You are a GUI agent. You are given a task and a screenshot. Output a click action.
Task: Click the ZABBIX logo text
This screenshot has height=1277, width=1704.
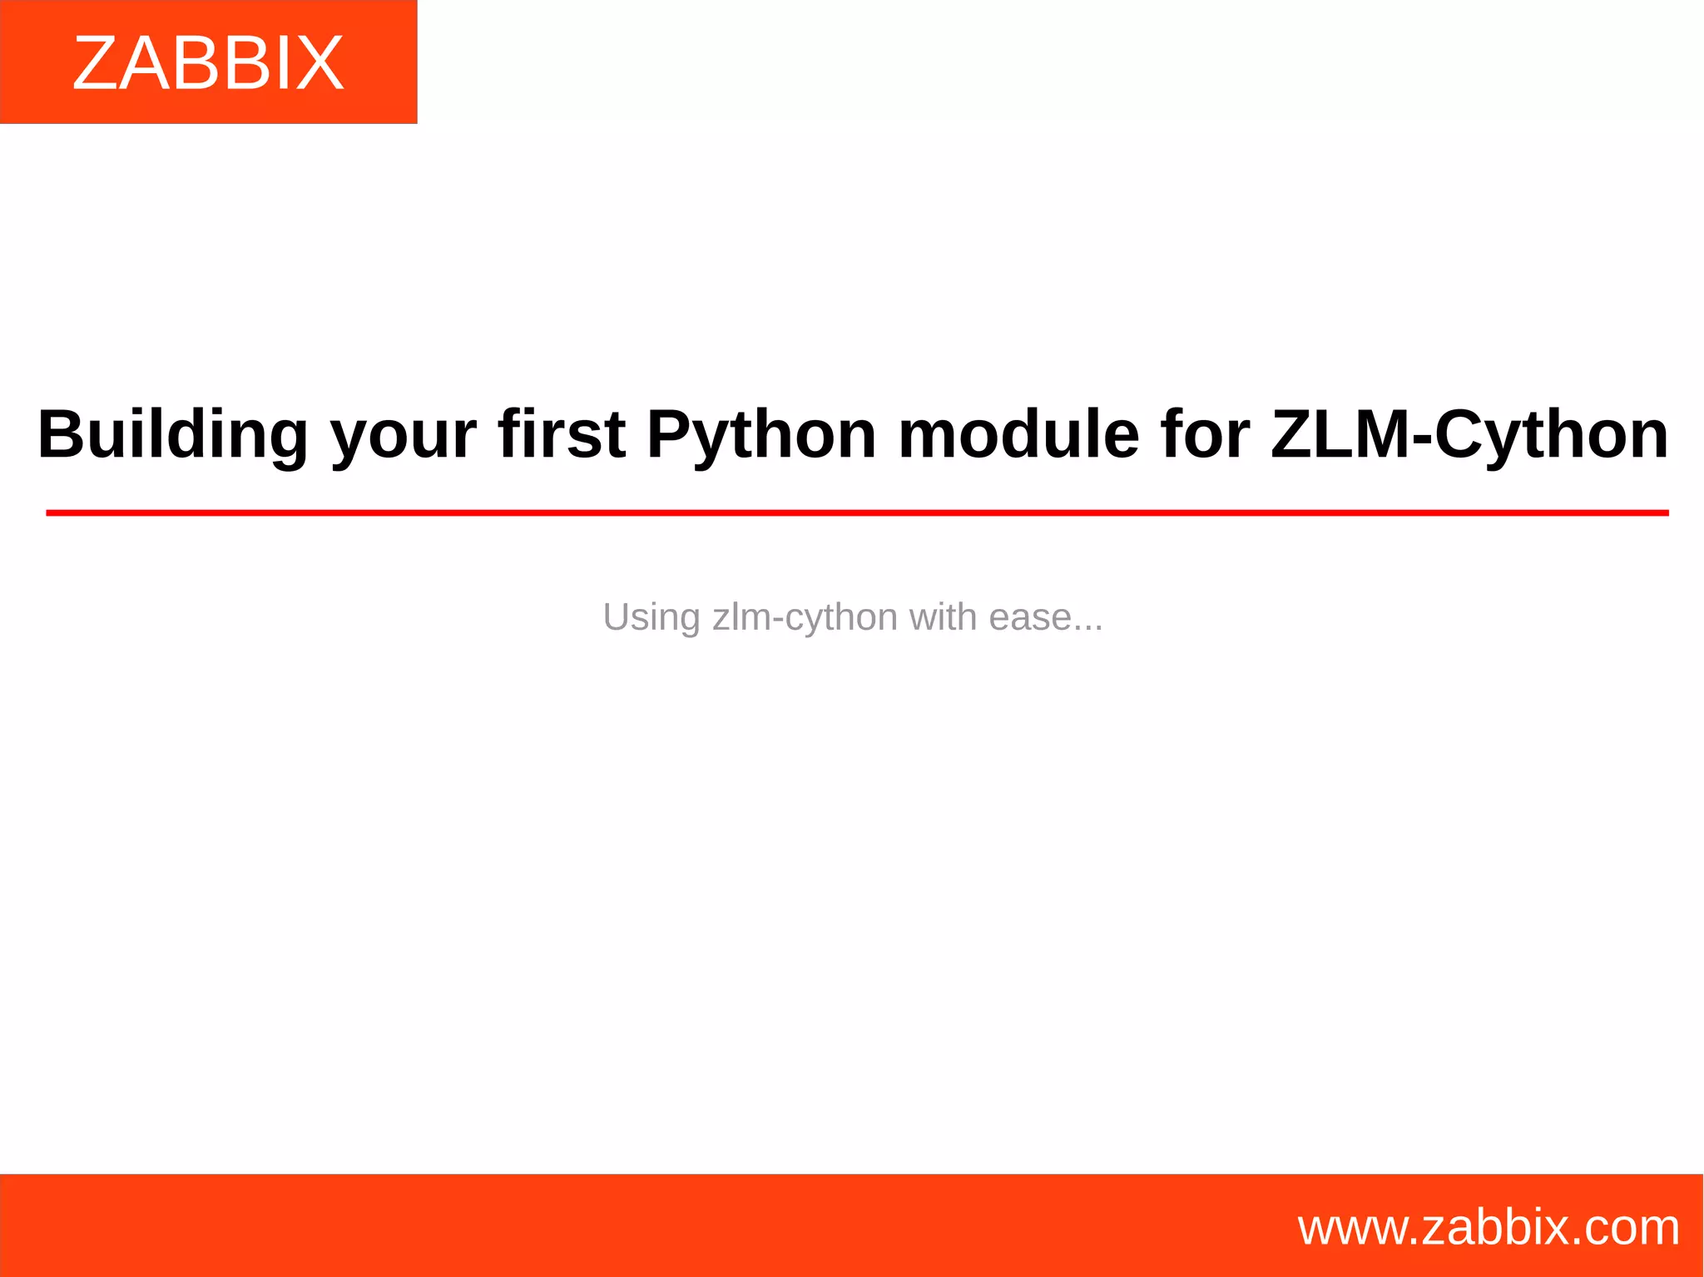coord(208,63)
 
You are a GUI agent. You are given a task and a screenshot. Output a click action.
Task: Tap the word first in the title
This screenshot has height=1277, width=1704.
coord(562,434)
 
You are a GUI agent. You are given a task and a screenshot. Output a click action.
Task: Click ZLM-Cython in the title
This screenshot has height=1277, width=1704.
coord(1469,435)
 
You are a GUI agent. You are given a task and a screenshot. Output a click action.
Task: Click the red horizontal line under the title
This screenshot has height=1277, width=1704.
coord(857,513)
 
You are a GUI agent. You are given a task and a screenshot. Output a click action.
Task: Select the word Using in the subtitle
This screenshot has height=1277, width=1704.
coord(651,618)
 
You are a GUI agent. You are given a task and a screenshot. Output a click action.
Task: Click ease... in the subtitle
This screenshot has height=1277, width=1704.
coord(1046,617)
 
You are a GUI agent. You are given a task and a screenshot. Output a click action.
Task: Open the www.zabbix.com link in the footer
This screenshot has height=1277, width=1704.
coord(1489,1228)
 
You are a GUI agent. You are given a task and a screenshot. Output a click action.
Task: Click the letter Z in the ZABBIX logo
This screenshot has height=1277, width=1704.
coord(93,63)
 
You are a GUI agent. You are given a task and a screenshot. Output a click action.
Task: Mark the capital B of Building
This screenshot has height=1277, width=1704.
coord(58,434)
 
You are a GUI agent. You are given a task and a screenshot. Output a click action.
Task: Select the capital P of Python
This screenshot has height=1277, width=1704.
coord(667,434)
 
